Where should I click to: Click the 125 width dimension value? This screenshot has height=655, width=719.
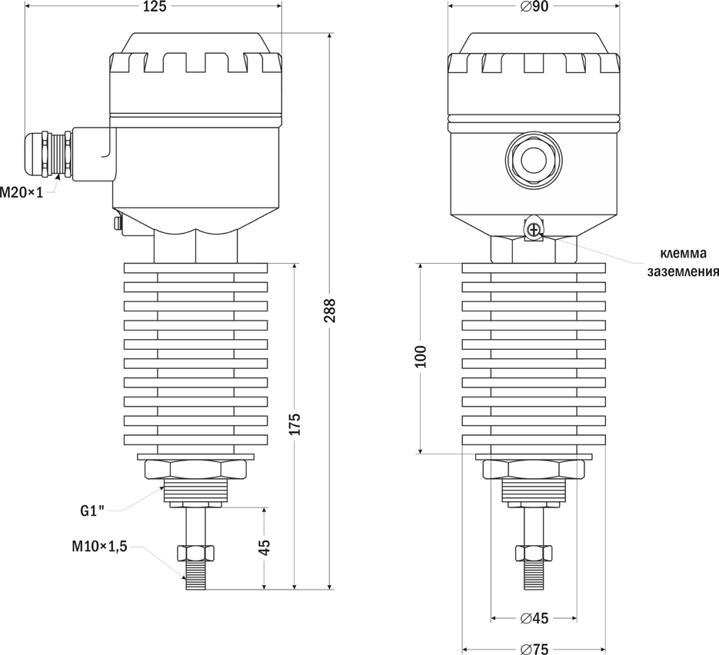pyautogui.click(x=155, y=7)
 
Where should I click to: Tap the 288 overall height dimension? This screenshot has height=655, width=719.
pyautogui.click(x=329, y=311)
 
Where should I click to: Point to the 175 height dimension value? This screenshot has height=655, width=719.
pyautogui.click(x=295, y=424)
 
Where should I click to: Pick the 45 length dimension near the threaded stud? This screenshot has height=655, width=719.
pyautogui.click(x=265, y=548)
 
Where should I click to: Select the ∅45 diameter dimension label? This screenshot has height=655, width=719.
pyautogui.click(x=534, y=619)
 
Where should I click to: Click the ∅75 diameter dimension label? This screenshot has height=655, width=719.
pyautogui.click(x=534, y=649)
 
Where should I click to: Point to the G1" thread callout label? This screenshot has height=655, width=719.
pyautogui.click(x=93, y=510)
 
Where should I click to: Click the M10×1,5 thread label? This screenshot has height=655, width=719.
pyautogui.click(x=98, y=547)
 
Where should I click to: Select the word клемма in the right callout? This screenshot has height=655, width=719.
pyautogui.click(x=682, y=254)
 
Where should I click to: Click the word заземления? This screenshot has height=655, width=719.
pyautogui.click(x=682, y=271)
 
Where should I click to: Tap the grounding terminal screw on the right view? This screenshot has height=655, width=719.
pyautogui.click(x=534, y=228)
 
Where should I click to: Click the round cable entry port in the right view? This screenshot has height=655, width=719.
pyautogui.click(x=534, y=160)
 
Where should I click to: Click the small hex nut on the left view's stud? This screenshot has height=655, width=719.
pyautogui.click(x=196, y=552)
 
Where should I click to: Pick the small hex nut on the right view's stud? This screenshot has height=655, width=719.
pyautogui.click(x=534, y=552)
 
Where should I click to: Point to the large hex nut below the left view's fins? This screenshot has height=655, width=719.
pyautogui.click(x=195, y=470)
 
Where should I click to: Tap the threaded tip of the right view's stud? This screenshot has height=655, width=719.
pyautogui.click(x=534, y=577)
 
